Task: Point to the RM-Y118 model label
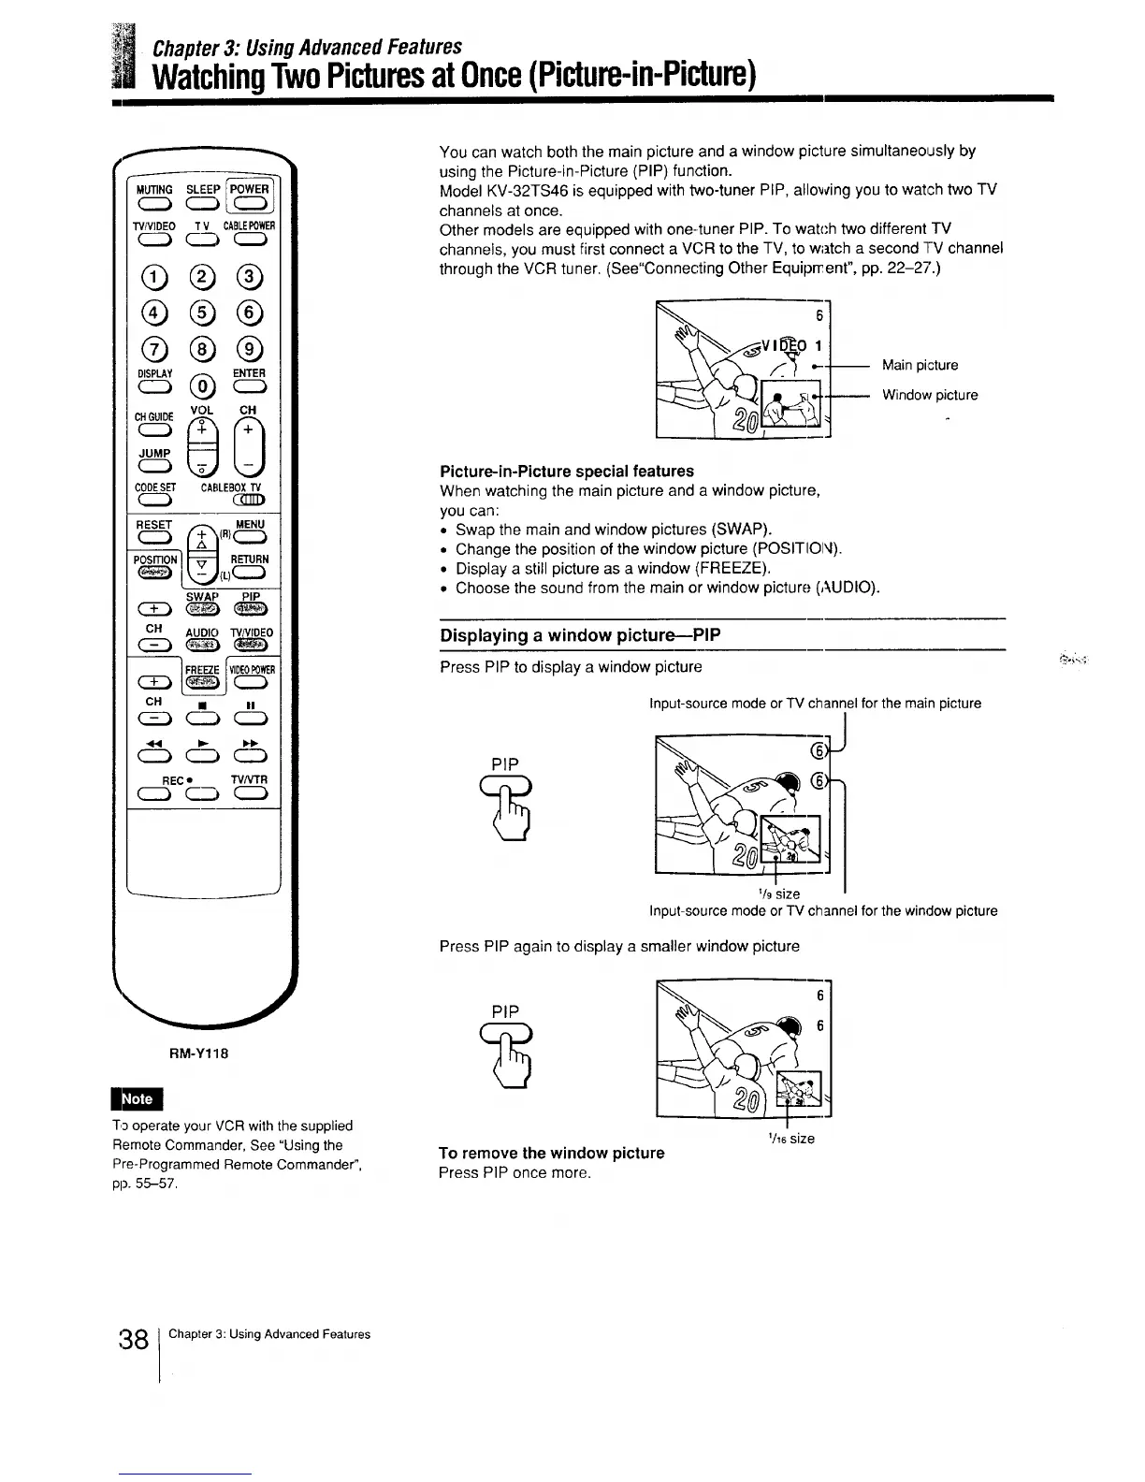click(x=198, y=1053)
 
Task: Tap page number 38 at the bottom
click(x=136, y=1339)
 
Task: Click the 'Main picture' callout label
click(x=920, y=365)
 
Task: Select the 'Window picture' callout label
click(x=930, y=395)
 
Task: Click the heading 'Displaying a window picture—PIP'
click(x=580, y=635)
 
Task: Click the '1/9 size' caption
click(x=782, y=894)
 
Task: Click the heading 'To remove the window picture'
click(x=552, y=1153)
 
